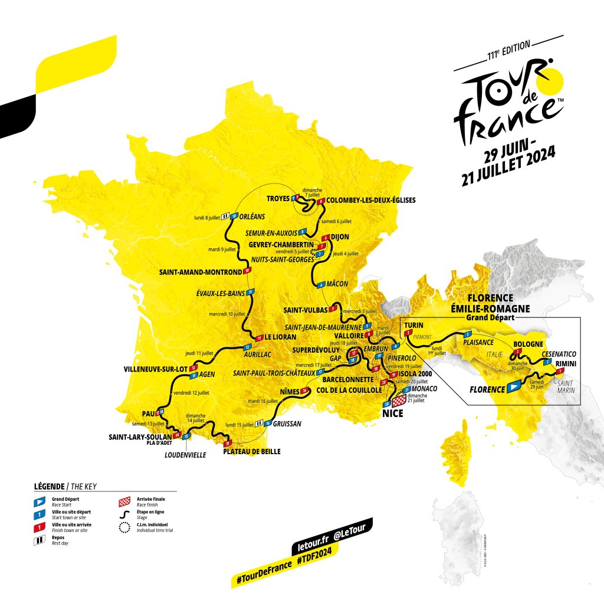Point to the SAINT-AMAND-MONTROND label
[x=201, y=273]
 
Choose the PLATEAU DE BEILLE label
[x=251, y=452]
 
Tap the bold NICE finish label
[x=392, y=414]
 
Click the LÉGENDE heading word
[x=50, y=487]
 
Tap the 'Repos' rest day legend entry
[x=50, y=537]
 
